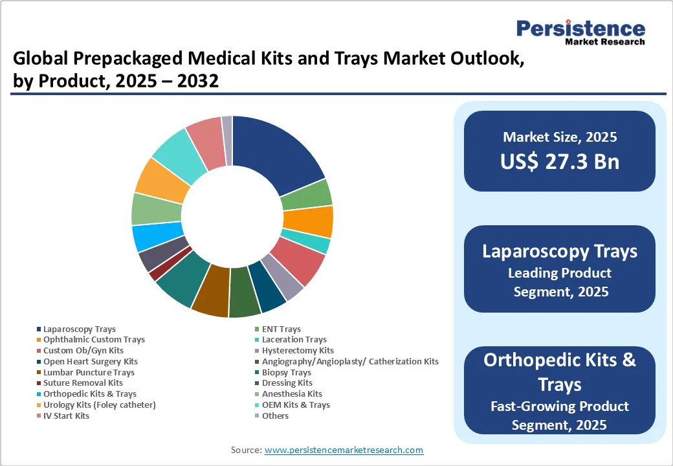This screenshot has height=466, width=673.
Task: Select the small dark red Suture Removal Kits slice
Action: pos(154,274)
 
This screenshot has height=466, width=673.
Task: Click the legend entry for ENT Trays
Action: pos(281,329)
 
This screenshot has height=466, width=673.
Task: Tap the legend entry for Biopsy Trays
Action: pos(286,372)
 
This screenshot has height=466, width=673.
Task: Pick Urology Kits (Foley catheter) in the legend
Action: pos(99,405)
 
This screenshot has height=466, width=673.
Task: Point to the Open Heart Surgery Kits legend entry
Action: pos(90,361)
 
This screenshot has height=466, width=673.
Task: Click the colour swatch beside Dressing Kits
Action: pos(257,383)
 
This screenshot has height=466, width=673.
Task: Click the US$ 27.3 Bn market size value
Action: pos(559,161)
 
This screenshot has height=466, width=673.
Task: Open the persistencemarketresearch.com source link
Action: pos(344,450)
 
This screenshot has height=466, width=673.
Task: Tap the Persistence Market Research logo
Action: pos(580,32)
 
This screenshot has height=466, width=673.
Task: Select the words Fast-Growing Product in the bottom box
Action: pos(559,406)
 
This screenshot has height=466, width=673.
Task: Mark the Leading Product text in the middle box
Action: pos(560,273)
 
